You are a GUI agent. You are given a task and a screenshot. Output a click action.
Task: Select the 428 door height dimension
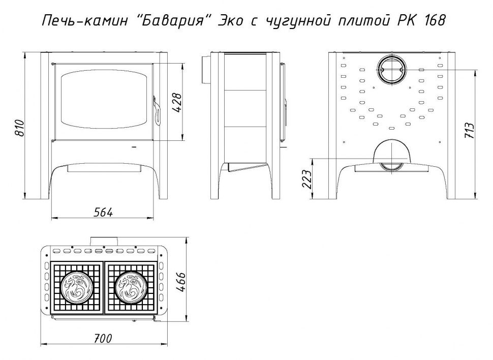tap(177, 103)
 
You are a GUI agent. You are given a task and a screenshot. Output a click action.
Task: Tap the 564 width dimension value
tap(103, 213)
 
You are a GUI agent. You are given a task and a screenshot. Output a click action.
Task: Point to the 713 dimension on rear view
tap(469, 130)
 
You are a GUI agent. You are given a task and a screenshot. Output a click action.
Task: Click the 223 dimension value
tap(306, 179)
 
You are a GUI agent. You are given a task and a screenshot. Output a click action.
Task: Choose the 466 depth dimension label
tap(180, 283)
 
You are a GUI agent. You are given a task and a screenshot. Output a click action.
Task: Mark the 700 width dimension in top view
tap(103, 339)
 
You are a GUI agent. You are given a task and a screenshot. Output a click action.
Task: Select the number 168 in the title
tap(435, 21)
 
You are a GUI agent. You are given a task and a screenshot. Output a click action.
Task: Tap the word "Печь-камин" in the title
tap(85, 21)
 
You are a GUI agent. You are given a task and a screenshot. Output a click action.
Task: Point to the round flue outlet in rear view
tap(391, 70)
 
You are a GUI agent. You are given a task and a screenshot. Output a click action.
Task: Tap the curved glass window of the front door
tap(104, 100)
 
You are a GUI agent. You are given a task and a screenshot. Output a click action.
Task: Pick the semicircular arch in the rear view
tap(391, 151)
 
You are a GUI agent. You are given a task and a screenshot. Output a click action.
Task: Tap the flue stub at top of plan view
tap(104, 242)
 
